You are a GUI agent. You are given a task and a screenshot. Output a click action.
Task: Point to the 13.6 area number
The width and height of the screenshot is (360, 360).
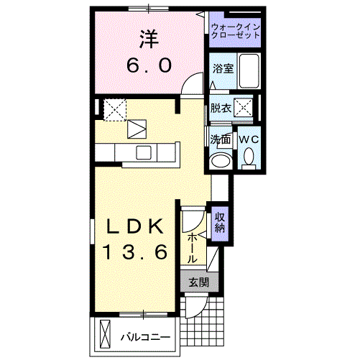click(137, 252)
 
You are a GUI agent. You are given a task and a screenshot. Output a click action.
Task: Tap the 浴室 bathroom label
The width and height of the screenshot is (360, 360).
click(222, 69)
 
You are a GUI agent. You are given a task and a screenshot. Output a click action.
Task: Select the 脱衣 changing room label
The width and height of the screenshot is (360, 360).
click(221, 109)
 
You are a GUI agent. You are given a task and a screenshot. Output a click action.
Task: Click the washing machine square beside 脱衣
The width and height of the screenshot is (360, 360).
click(245, 109)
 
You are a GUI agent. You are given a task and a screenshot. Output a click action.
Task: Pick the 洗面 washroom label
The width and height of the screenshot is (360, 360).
click(220, 138)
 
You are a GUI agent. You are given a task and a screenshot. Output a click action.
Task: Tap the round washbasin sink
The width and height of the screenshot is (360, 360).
click(222, 160)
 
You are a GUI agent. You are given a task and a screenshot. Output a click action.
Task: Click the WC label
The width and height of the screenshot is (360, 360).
click(249, 138)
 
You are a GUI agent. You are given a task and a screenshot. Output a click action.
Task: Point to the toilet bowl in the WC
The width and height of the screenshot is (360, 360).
click(249, 155)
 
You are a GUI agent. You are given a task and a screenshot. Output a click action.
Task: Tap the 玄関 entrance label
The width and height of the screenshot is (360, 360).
click(198, 282)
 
